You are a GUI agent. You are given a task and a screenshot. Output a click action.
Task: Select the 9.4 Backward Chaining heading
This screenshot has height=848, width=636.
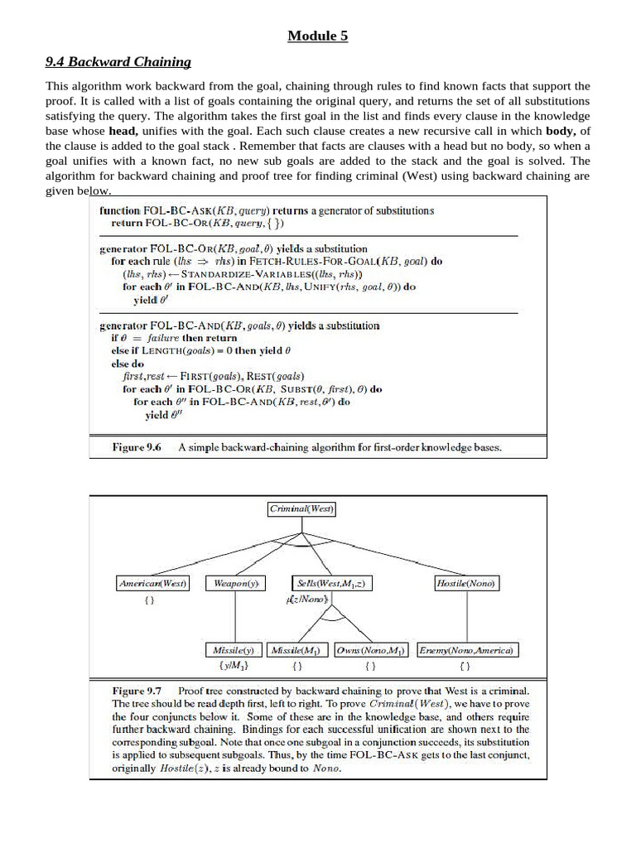point(118,61)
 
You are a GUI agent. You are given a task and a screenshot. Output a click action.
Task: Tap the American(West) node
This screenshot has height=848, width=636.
point(153,583)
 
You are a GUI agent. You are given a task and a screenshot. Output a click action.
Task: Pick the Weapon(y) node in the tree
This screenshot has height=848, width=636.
point(236,583)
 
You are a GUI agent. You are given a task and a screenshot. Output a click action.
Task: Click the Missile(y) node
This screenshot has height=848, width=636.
point(234,650)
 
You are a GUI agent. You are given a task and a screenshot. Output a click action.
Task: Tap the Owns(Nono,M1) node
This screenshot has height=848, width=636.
point(370,650)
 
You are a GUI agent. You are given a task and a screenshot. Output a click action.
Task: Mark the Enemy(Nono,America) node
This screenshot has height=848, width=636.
point(467,650)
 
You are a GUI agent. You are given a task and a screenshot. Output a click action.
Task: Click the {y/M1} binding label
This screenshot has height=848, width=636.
point(234,665)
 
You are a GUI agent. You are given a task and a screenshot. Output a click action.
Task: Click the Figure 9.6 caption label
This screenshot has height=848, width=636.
point(137,447)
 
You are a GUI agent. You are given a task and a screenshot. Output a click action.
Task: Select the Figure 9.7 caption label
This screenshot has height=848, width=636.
point(137,690)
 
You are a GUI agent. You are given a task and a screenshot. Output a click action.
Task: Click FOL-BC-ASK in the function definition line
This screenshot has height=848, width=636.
point(180,211)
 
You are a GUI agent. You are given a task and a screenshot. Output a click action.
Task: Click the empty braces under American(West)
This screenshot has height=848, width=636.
point(149,600)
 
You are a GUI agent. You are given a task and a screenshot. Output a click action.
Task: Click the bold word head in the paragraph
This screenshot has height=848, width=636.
point(122,132)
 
